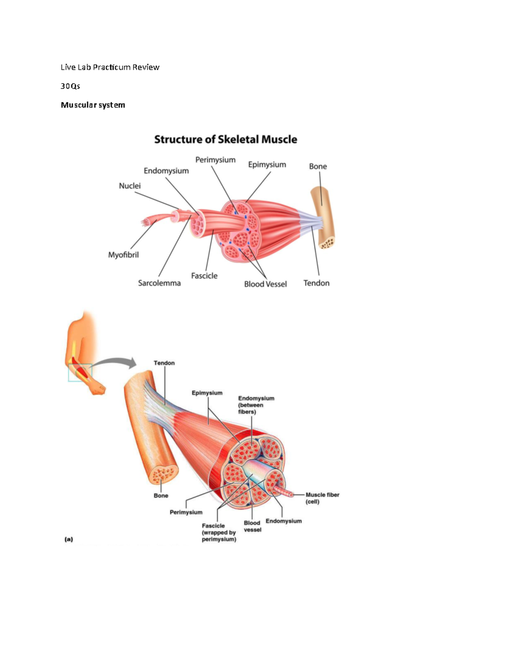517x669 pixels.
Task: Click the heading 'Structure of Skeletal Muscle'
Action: (x=225, y=140)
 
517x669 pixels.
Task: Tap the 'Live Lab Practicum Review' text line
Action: (x=110, y=67)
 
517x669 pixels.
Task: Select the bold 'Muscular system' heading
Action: (x=93, y=105)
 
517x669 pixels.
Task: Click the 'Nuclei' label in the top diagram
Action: (x=130, y=186)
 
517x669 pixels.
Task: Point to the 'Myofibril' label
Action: (x=123, y=255)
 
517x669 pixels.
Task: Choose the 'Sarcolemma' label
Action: (x=159, y=283)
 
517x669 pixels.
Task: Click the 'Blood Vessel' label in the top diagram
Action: (x=265, y=284)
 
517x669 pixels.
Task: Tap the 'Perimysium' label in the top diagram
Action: (x=215, y=160)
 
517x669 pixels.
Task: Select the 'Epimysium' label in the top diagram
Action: (x=267, y=165)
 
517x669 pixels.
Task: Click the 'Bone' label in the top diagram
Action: (x=318, y=166)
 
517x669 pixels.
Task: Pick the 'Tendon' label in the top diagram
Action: (x=316, y=283)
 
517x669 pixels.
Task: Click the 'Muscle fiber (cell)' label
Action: (x=322, y=498)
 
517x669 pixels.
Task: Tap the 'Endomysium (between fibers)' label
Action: (x=256, y=405)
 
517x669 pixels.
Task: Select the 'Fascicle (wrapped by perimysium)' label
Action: (x=219, y=532)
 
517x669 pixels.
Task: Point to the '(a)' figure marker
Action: (x=69, y=539)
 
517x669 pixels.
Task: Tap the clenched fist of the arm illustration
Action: (x=98, y=389)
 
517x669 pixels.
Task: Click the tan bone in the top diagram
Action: (x=323, y=218)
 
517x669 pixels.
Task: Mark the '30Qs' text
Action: (x=70, y=86)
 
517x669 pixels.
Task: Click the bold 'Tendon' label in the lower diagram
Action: (x=164, y=363)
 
